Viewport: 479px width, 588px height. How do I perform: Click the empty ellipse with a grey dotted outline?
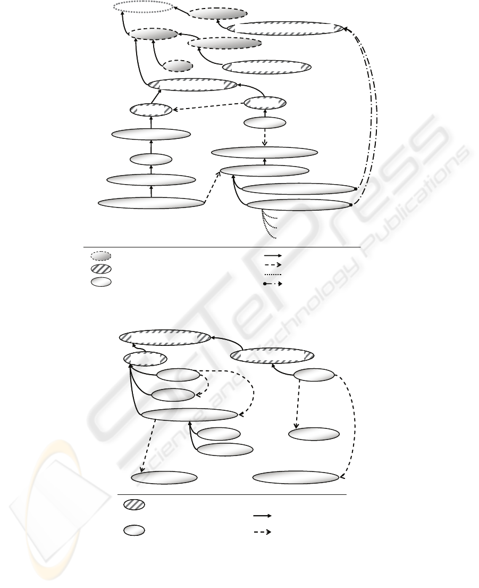click(144, 6)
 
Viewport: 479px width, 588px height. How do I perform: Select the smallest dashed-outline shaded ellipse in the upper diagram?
click(178, 67)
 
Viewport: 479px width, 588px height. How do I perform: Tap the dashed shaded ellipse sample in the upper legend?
click(100, 256)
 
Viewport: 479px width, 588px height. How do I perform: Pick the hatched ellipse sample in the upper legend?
click(100, 269)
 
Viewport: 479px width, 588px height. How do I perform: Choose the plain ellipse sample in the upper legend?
click(100, 281)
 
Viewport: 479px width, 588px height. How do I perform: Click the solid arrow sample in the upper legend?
click(273, 255)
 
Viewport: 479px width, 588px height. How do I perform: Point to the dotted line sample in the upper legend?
click(273, 275)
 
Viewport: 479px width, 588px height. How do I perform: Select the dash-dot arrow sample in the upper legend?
click(273, 284)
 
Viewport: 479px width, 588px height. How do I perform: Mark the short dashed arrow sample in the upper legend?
click(273, 265)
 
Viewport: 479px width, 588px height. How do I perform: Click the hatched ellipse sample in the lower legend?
click(134, 504)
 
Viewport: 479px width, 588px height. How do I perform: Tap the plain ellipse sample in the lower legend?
click(134, 531)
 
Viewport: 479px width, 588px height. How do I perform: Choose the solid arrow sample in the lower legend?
click(263, 516)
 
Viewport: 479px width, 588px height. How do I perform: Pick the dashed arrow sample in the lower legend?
click(263, 532)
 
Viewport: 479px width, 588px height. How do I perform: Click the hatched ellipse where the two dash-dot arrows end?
click(285, 29)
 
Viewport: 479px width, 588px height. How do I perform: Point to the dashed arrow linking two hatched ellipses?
click(208, 106)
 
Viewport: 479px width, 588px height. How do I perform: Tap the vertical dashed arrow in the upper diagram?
click(265, 137)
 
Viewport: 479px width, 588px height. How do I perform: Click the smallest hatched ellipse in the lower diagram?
click(145, 359)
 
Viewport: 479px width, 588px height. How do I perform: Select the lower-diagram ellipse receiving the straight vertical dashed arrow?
click(314, 434)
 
